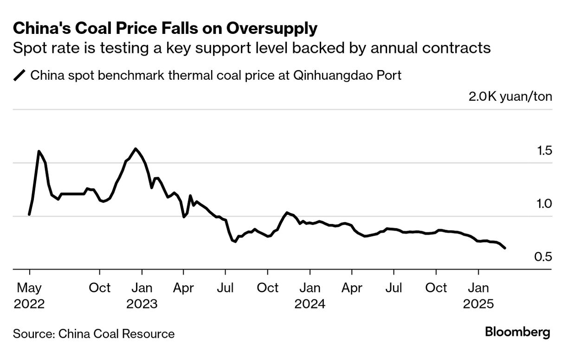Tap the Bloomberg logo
pos(517,332)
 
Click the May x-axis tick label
pos(29,288)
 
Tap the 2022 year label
pos(29,304)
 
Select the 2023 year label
pos(142,304)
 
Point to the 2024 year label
pos(310,304)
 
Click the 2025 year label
pos(478,304)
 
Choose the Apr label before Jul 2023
pos(183,288)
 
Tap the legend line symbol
pos(20,75)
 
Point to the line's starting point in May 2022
pos(29,214)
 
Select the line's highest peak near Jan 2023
pos(135,149)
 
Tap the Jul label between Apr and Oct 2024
pos(394,288)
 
